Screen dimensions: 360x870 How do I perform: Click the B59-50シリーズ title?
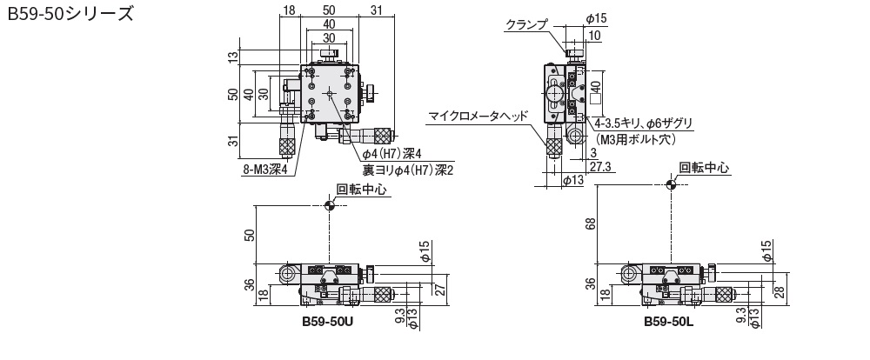70,15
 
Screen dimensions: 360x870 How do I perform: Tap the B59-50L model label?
669,320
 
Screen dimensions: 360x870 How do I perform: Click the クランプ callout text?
526,25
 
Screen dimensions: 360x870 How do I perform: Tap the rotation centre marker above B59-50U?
329,205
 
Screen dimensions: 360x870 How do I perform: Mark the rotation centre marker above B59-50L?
671,183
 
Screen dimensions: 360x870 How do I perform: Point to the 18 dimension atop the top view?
289,10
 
